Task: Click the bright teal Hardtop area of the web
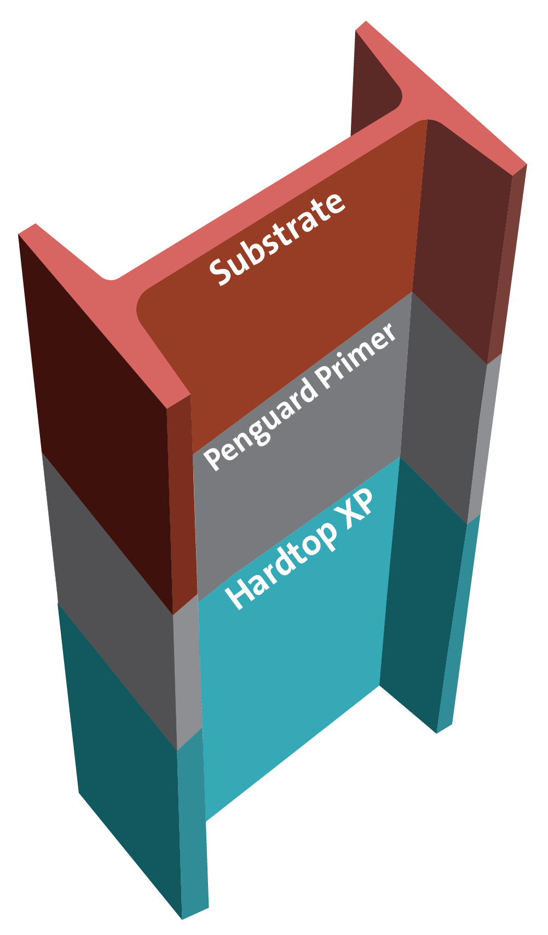point(290,684)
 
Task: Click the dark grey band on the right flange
point(438,416)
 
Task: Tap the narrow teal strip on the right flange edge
point(457,629)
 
